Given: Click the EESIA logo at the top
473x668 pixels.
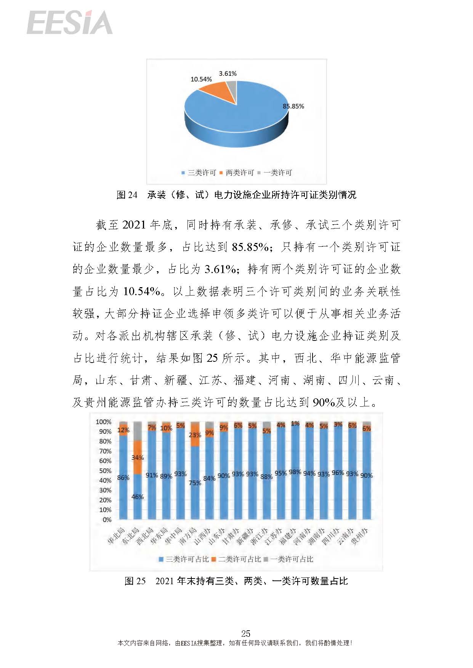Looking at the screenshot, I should [70, 22].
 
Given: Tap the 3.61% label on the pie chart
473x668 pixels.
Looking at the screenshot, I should [228, 74].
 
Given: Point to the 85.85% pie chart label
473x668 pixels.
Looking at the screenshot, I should [293, 106].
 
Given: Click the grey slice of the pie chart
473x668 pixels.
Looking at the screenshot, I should [232, 89].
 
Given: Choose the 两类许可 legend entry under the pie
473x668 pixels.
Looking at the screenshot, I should [237, 173].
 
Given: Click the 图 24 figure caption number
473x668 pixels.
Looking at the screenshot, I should [127, 195].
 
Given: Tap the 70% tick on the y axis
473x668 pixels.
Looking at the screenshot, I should [105, 451].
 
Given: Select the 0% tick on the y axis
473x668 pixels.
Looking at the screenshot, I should [107, 519].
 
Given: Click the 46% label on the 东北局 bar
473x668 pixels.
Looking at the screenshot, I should [138, 497].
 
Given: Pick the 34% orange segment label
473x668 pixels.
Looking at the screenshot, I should [138, 457].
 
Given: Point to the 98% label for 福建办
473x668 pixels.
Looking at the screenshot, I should [295, 472].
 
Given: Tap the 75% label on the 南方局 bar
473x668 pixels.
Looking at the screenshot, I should [195, 483].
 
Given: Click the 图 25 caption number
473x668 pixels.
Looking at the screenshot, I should [135, 581].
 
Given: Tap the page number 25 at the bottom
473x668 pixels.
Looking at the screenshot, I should [245, 633].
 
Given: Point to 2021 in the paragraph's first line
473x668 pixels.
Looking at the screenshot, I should [134, 225].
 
